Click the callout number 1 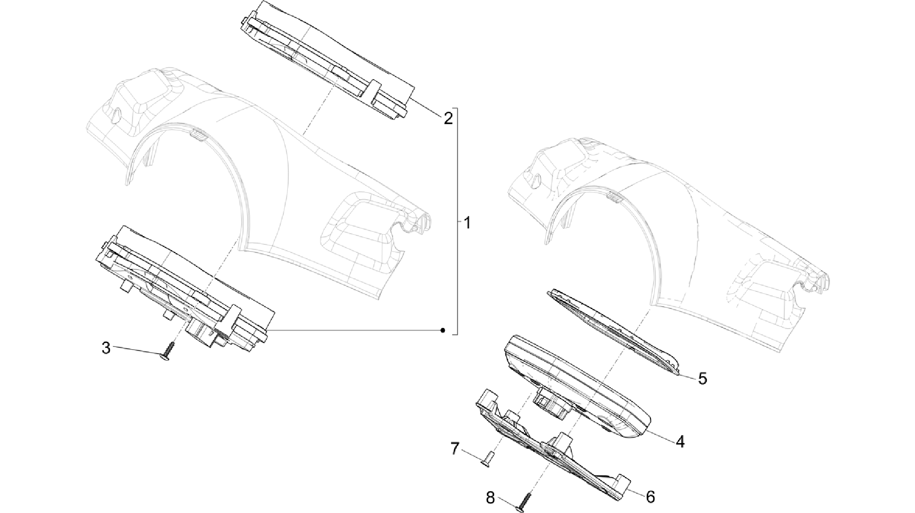pyautogui.click(x=467, y=222)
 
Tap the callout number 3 pyautogui.click(x=106, y=348)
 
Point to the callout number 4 pyautogui.click(x=680, y=442)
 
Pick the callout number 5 pyautogui.click(x=702, y=379)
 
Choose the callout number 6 pyautogui.click(x=650, y=496)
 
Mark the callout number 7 pyautogui.click(x=455, y=449)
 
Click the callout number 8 pyautogui.click(x=491, y=498)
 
